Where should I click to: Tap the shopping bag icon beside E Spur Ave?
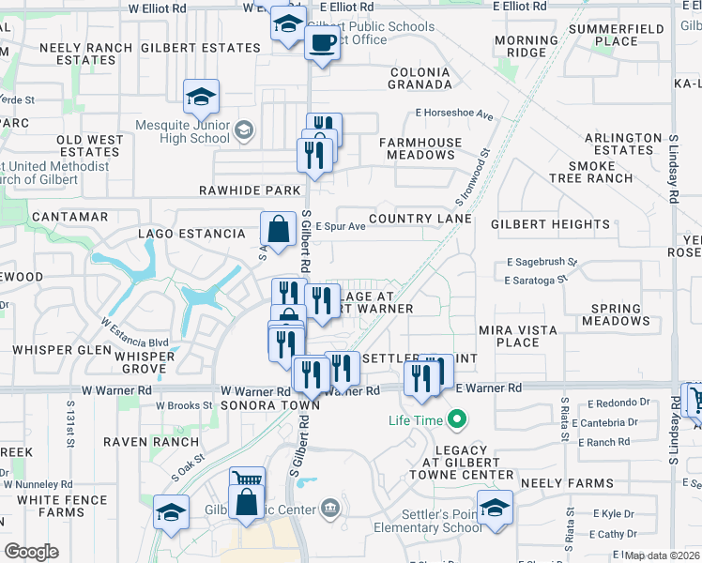[279, 229]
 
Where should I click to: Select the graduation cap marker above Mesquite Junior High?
[201, 98]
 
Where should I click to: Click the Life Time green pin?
[458, 419]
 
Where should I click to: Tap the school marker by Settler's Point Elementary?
[495, 509]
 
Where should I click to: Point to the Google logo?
[31, 552]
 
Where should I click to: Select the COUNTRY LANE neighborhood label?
[420, 219]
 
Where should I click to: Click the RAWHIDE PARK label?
[250, 190]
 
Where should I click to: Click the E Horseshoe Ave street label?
[454, 114]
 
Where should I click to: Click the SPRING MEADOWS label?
[616, 314]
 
